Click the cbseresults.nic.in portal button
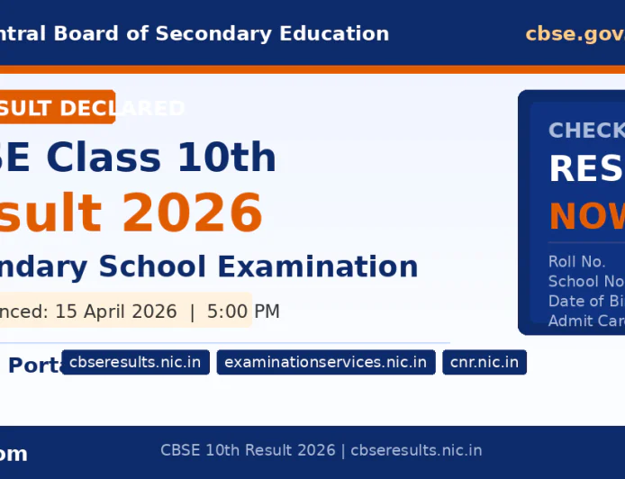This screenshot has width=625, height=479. [135, 363]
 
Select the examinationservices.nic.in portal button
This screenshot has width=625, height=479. [326, 363]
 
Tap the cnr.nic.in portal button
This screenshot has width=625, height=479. [485, 363]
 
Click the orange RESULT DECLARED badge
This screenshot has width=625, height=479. [56, 107]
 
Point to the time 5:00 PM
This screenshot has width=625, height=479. [243, 312]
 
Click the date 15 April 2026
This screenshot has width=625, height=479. [116, 312]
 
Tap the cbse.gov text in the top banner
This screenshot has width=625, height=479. [575, 34]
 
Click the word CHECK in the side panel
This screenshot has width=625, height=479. [586, 131]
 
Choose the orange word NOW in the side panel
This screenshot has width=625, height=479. [586, 217]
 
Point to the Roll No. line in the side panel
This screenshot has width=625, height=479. [576, 262]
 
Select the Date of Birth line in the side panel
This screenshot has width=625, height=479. [585, 301]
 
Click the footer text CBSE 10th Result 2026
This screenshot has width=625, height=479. [248, 450]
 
